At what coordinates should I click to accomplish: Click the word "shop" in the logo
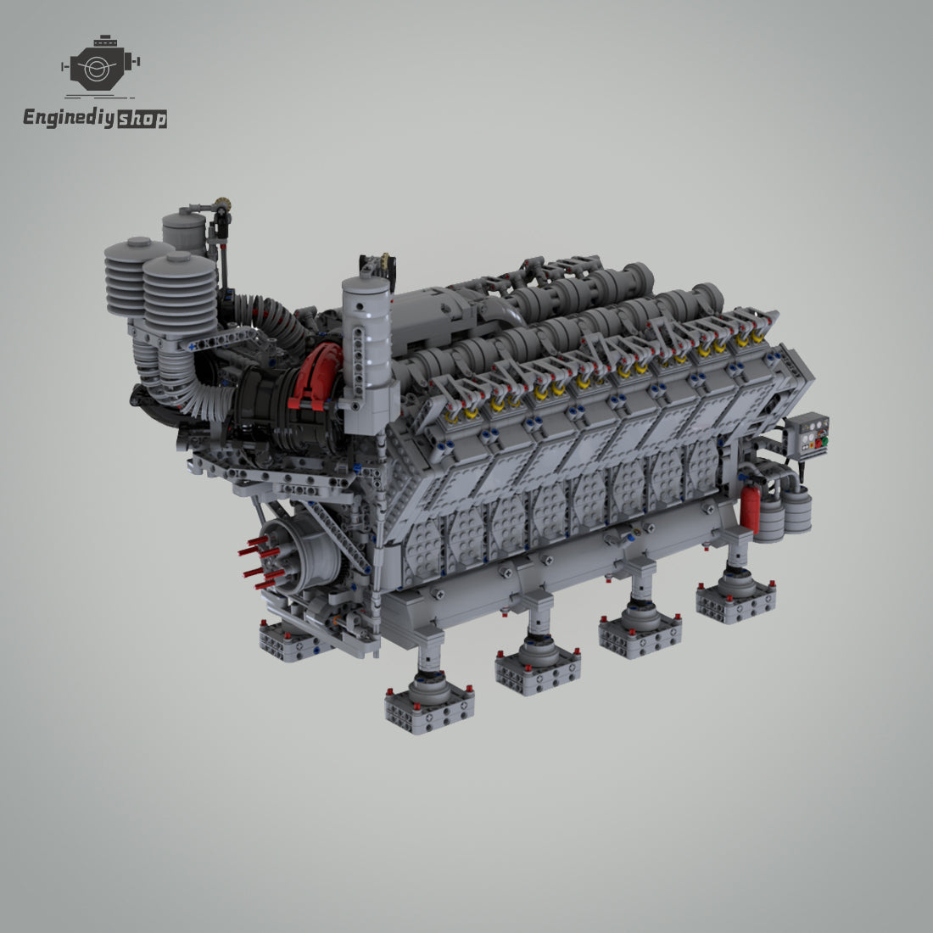click(x=142, y=119)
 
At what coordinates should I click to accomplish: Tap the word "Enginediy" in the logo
click(x=69, y=117)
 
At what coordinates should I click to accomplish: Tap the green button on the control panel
click(x=824, y=441)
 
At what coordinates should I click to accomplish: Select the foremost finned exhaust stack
click(x=180, y=295)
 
